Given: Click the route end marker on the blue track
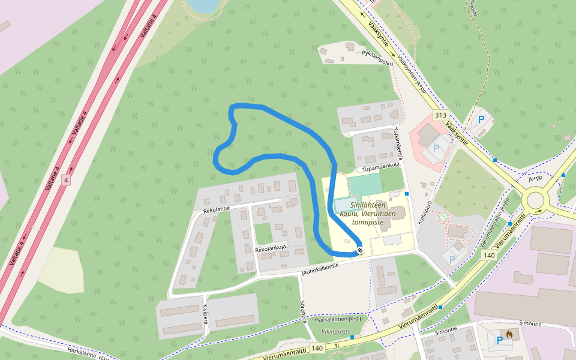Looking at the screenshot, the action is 360,250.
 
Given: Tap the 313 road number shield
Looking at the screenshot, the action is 441,115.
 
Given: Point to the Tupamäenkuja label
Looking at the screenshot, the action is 382,169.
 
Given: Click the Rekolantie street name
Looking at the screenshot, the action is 217,209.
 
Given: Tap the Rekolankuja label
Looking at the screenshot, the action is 271,247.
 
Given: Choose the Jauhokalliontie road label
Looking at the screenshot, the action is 325,272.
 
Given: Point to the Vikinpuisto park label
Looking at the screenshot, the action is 335,331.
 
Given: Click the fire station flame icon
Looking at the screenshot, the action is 509,334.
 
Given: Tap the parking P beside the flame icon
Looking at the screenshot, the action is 499,340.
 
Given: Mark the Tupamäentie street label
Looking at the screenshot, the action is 396,143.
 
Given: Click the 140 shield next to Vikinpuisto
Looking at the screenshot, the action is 317,348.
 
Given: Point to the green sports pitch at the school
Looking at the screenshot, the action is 364,184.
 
